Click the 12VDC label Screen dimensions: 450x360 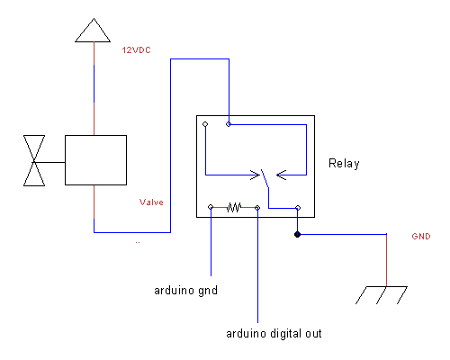136,49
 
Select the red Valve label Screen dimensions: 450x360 151,202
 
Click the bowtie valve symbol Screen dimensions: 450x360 34,161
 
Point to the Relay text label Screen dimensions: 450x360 344,164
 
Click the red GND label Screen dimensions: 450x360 421,237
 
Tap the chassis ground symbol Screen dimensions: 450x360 382,295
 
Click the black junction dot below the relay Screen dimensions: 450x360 297,234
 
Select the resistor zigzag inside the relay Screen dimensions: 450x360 234,207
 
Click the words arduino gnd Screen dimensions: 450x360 185,291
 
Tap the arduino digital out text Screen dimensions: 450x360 274,334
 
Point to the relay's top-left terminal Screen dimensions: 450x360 205,124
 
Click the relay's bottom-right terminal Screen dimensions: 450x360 298,208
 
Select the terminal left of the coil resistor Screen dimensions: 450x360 211,207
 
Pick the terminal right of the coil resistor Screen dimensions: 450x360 257,208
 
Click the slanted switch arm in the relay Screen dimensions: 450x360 265,179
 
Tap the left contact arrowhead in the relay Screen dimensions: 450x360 256,175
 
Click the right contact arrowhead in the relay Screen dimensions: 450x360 281,175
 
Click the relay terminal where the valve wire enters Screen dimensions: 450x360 229,124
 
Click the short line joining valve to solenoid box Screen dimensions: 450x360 49,162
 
